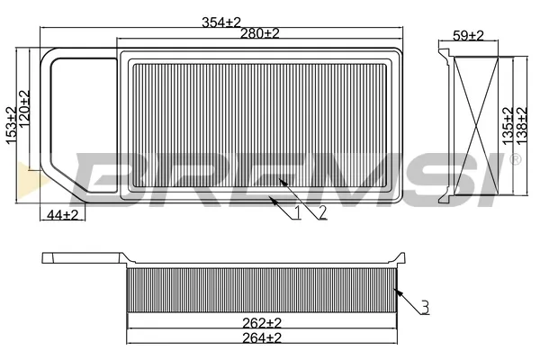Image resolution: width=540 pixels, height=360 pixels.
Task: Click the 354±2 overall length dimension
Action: [221, 22]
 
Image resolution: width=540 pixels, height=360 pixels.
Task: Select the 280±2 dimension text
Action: [260, 33]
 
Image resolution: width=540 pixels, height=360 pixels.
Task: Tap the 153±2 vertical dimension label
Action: [11, 125]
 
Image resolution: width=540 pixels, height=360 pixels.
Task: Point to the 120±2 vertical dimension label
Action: [24, 110]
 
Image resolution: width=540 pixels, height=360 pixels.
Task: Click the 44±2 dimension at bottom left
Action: [63, 215]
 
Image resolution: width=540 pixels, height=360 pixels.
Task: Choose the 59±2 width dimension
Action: [468, 35]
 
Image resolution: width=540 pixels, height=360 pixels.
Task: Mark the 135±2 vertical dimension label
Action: [508, 126]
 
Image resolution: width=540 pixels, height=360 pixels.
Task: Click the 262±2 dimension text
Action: [262, 323]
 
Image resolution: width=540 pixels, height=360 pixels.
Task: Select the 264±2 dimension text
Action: [262, 338]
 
